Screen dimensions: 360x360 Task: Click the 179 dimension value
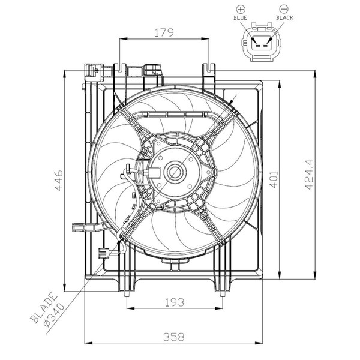pos(164,33)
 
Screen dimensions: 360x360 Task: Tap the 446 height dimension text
pos(58,180)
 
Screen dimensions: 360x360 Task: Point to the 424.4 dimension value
pos(309,175)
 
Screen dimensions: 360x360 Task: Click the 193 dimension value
pos(175,302)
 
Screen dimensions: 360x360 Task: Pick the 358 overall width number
pos(174,337)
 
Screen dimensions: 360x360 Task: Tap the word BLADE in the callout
pos(44,307)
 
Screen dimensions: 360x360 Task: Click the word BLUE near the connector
pos(241,17)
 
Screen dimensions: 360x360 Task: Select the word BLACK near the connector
pos(284,17)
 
